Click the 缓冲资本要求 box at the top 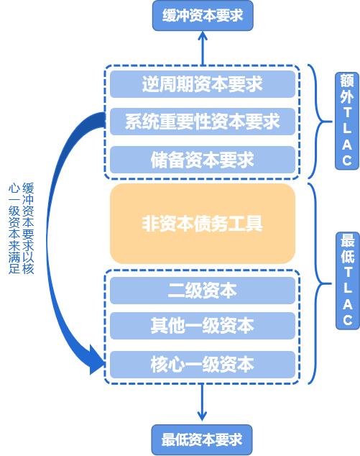[203, 15]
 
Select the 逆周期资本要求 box [203, 84]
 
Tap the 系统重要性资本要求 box [203, 122]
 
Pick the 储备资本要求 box [203, 160]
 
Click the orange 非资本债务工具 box [203, 224]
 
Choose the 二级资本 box [203, 291]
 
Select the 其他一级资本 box [203, 326]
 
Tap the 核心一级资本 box [203, 365]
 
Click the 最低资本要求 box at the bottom [202, 439]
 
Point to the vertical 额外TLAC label [347, 121]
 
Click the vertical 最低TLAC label [348, 281]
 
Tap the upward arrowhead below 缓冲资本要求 [203, 36]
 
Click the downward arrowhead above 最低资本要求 [202, 416]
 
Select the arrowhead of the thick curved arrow [96, 360]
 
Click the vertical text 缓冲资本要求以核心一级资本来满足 [22, 228]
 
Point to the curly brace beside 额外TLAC [320, 122]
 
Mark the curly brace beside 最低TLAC [320, 283]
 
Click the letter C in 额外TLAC [347, 160]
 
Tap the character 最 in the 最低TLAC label [348, 241]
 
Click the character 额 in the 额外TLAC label [347, 81]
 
